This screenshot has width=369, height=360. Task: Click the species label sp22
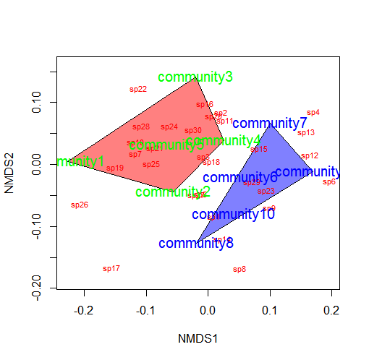[137, 90]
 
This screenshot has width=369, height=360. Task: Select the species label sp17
[111, 269]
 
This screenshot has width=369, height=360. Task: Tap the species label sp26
[80, 205]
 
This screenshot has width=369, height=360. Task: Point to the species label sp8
[239, 270]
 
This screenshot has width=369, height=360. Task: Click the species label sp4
[313, 113]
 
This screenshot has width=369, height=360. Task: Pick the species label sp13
[306, 133]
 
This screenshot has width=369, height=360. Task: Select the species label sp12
[310, 156]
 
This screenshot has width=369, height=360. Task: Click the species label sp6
[329, 182]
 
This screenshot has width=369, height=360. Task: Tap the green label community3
[195, 77]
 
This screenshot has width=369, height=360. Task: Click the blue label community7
[270, 124]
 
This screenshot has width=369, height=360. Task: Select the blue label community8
[196, 244]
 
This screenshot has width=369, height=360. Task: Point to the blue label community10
[233, 215]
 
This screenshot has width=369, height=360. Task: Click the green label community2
[173, 192]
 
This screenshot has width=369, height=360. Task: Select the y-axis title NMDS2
[11, 179]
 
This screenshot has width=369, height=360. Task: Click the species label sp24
[169, 127]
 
